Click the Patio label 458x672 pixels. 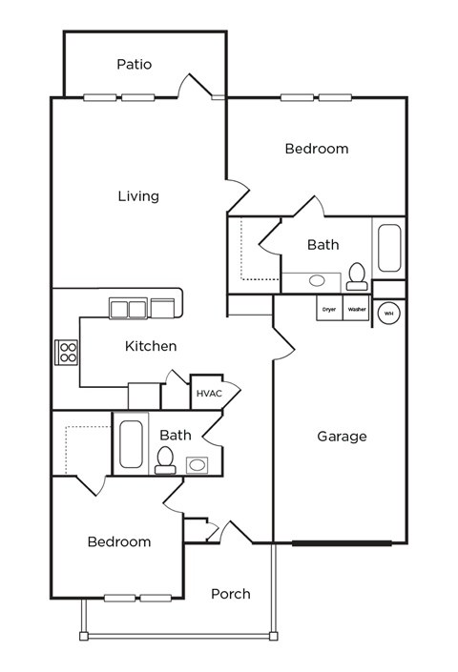pyautogui.click(x=135, y=65)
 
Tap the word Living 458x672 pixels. pyautogui.click(x=138, y=196)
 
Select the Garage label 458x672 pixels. pyautogui.click(x=342, y=437)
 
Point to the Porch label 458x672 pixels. pyautogui.click(x=230, y=594)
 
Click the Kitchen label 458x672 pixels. pyautogui.click(x=151, y=346)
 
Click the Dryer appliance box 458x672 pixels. pyautogui.click(x=329, y=309)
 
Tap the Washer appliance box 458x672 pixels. pyautogui.click(x=356, y=309)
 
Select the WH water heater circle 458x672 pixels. pyautogui.click(x=388, y=313)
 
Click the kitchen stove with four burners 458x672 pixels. pyautogui.click(x=68, y=353)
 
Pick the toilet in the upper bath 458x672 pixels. pyautogui.click(x=357, y=275)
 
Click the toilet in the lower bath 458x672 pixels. pyautogui.click(x=165, y=459)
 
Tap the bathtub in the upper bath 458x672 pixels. pyautogui.click(x=389, y=248)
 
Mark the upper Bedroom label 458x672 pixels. pyautogui.click(x=317, y=149)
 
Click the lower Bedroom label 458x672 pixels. pyautogui.click(x=119, y=541)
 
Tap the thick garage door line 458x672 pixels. pyautogui.click(x=342, y=543)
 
